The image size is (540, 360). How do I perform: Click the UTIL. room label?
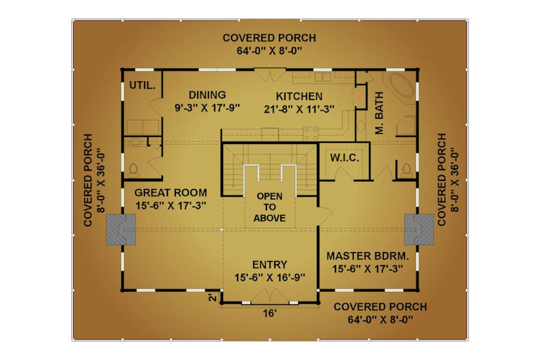[142, 85]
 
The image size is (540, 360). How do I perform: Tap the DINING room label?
[208, 95]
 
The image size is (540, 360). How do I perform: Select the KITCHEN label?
[299, 96]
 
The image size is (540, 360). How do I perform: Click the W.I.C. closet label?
[344, 158]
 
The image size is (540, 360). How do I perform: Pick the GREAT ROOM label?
[170, 193]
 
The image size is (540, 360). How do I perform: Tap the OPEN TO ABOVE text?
[269, 207]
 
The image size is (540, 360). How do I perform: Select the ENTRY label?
[269, 265]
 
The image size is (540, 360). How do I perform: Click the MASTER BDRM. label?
[368, 256]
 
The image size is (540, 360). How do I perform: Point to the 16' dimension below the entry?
[269, 313]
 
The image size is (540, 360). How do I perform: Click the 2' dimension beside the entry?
[214, 298]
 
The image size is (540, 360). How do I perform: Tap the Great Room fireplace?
[121, 229]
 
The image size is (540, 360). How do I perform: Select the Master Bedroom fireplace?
[419, 229]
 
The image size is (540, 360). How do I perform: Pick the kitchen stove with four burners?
[310, 134]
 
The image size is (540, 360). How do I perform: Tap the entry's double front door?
[269, 296]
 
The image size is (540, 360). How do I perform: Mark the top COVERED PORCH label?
[269, 38]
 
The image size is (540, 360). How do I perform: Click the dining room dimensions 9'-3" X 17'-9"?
[208, 108]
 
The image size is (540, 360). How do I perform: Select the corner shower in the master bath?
[406, 126]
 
